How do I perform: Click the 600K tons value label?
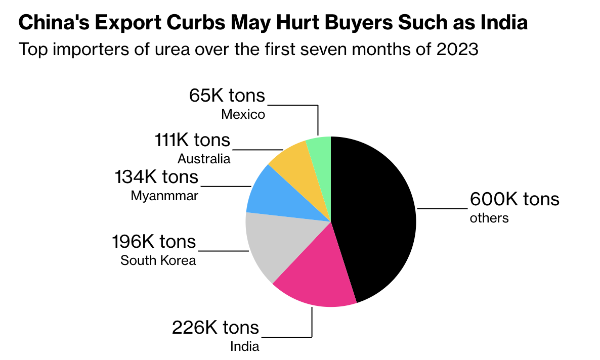[x=515, y=199]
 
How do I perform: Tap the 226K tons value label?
[x=216, y=328]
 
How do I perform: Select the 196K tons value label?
[x=154, y=242]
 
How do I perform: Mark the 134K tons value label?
[x=157, y=177]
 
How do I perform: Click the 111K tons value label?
[x=192, y=140]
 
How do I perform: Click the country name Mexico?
[x=243, y=115]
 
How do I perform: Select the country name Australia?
[x=204, y=159]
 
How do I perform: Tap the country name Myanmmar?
[x=164, y=196]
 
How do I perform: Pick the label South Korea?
[x=158, y=261]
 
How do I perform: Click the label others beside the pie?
[x=489, y=218]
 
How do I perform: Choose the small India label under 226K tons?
[x=245, y=346]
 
